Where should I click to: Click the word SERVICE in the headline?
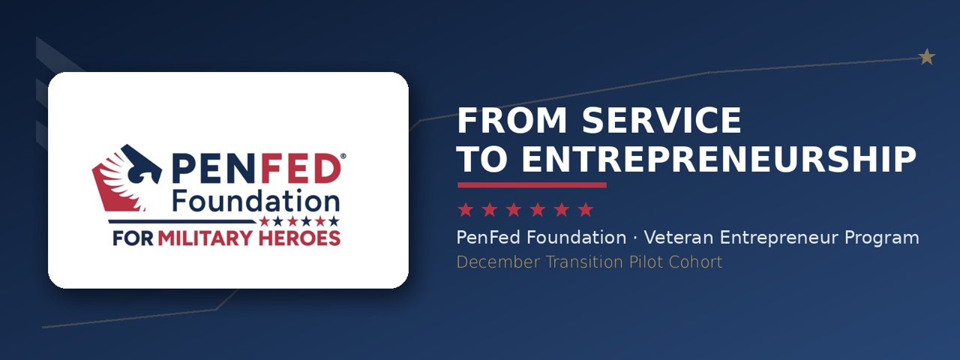[x=661, y=121]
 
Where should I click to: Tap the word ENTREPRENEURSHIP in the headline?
[x=718, y=159]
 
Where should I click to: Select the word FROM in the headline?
[x=512, y=121]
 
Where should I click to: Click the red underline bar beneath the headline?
[x=532, y=185]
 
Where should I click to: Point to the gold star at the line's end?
[x=927, y=56]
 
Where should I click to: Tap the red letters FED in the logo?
[x=301, y=169]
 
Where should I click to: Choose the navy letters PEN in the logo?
[x=214, y=169]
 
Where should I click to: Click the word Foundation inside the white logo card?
[x=256, y=200]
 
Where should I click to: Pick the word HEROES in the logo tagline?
[x=299, y=238]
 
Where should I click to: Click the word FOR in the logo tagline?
[x=133, y=238]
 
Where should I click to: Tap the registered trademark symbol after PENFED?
[x=343, y=157]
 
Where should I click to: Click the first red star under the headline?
[x=466, y=210]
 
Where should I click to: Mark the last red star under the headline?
[x=586, y=210]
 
